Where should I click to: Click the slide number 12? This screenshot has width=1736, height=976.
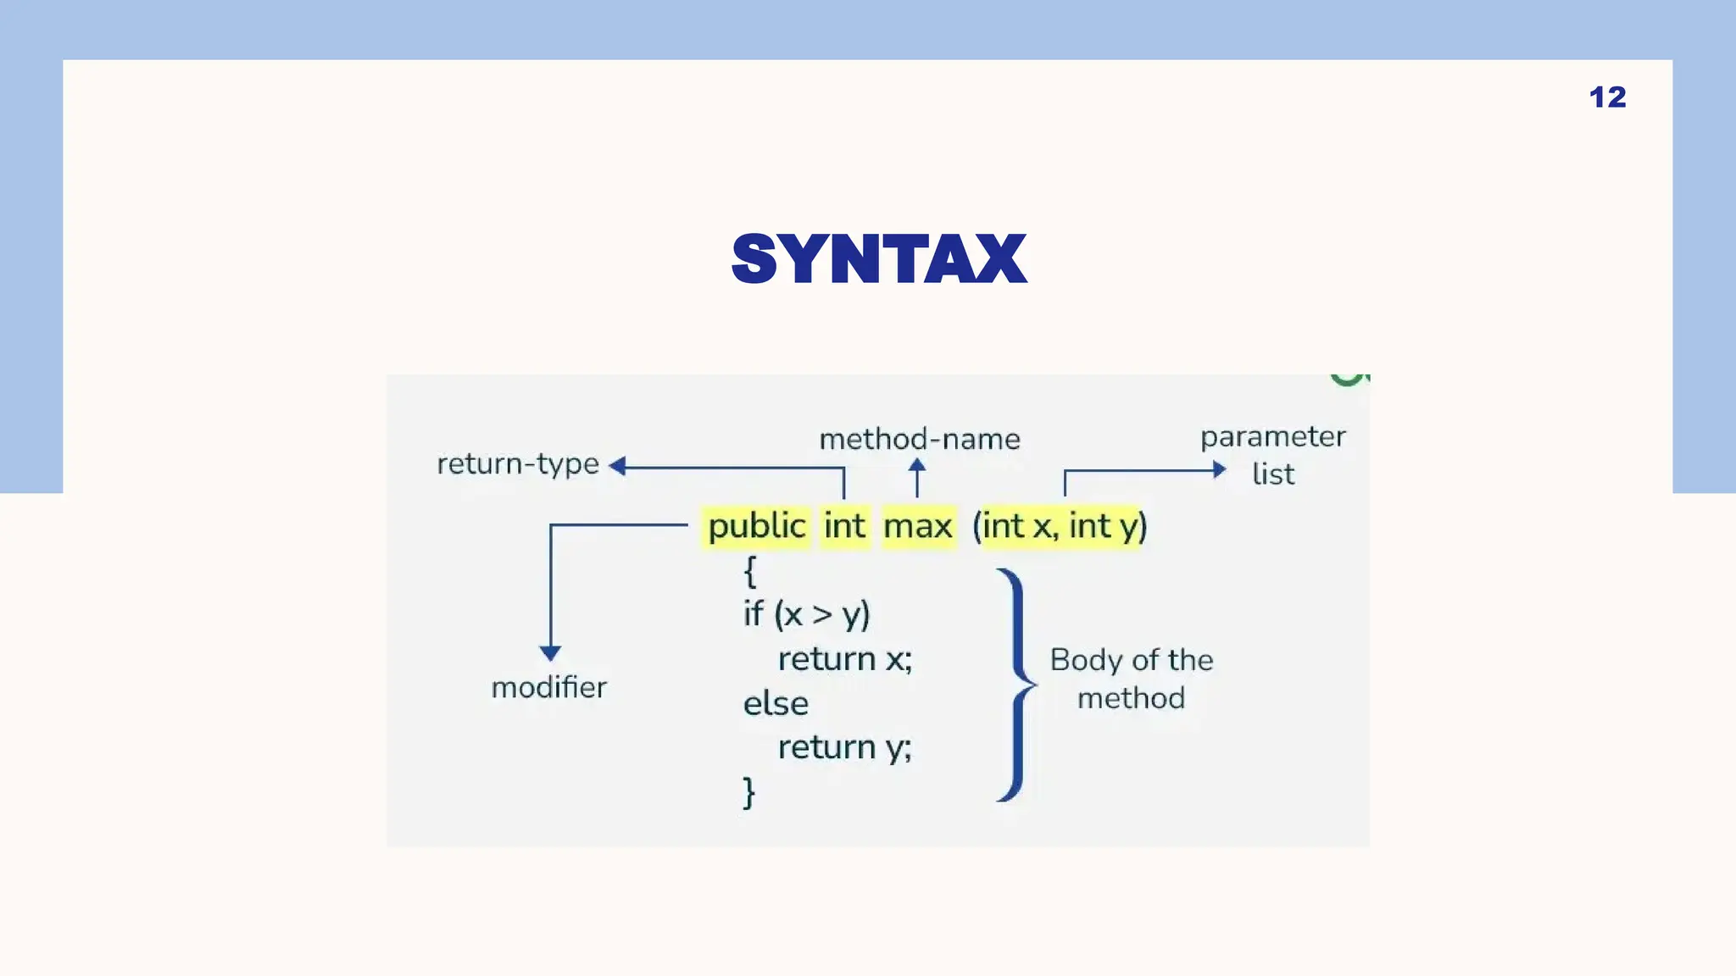point(1607,97)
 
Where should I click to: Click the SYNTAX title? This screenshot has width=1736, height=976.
point(879,259)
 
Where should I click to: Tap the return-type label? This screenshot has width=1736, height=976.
point(518,463)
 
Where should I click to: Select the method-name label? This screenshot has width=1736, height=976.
point(920,439)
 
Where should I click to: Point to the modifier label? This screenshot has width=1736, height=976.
point(549,687)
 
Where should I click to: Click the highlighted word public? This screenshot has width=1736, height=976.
point(757,526)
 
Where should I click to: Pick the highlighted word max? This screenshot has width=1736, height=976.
point(918,526)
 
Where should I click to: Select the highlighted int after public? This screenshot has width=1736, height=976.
point(844,526)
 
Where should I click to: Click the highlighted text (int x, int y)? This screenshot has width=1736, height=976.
point(1060,526)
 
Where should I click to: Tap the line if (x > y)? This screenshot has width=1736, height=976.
point(806,614)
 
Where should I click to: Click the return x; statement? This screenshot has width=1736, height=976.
point(844,659)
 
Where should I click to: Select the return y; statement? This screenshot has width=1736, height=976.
point(844,747)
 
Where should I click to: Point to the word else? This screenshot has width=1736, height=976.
point(776,703)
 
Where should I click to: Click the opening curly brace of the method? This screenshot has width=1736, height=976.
point(749,572)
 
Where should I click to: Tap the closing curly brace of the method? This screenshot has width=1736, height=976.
point(749,793)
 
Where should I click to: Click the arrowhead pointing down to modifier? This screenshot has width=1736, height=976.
point(550,653)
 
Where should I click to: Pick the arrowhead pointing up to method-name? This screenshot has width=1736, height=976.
point(917,465)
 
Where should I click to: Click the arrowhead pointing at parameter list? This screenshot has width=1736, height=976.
point(1219,469)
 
